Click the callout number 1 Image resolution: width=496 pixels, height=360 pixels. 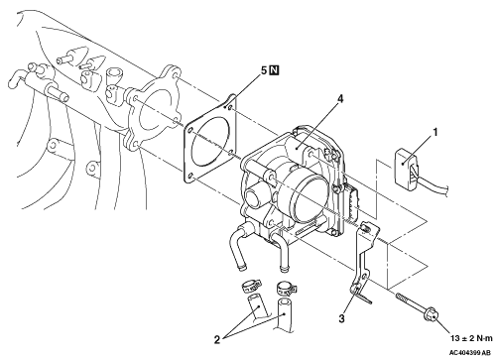tap(435, 132)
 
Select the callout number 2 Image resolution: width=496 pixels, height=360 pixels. tap(217, 339)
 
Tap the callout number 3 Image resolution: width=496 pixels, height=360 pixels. tap(341, 318)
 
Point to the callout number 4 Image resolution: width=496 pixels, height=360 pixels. tap(340, 98)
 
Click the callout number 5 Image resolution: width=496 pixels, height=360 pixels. tap(264, 70)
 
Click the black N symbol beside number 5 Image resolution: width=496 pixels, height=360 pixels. tap(274, 70)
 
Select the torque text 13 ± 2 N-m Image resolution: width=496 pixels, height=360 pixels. tap(471, 338)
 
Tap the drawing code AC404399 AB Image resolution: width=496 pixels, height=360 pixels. tap(469, 353)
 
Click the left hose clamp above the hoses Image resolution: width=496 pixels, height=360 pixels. tap(251, 286)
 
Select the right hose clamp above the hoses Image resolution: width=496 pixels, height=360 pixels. tap(286, 287)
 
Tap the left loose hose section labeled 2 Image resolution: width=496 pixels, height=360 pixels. tap(257, 306)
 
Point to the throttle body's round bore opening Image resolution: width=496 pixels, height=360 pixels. tap(310, 198)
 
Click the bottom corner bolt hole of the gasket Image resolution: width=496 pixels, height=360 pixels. tap(190, 177)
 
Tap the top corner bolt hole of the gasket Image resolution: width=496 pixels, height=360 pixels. tap(230, 107)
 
